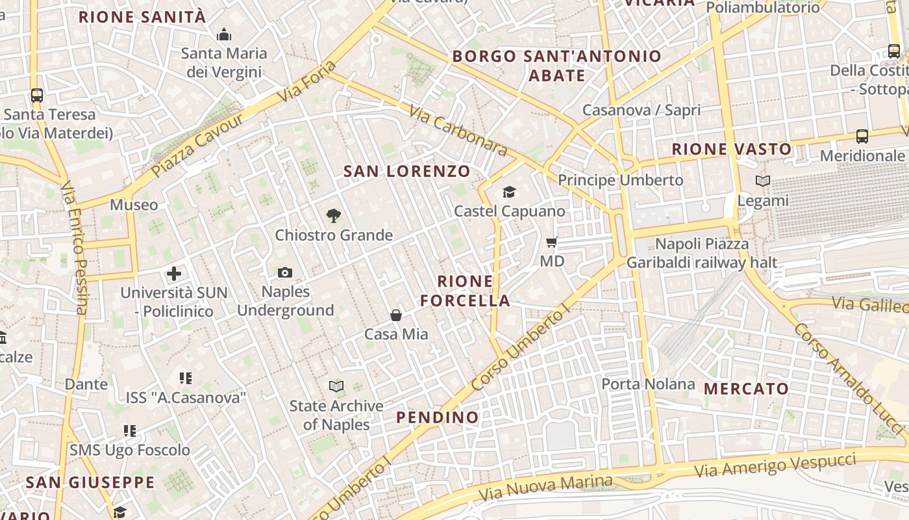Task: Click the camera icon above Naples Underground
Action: (285, 273)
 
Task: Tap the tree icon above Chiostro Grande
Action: (334, 215)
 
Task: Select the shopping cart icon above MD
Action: (552, 242)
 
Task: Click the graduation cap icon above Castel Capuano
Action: (509, 192)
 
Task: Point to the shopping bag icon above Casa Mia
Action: (396, 315)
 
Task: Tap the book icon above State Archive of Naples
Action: (336, 387)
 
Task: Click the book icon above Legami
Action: (763, 181)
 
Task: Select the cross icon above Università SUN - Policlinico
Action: (174, 274)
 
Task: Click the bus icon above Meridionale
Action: (862, 136)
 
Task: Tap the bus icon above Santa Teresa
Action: (37, 96)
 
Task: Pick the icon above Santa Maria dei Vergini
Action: (224, 34)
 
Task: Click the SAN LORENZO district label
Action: (407, 172)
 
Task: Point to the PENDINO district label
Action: (438, 417)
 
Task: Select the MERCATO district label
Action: (747, 389)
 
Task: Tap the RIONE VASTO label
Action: (732, 149)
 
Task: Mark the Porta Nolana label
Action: (648, 384)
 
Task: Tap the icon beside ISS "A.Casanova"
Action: (186, 378)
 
